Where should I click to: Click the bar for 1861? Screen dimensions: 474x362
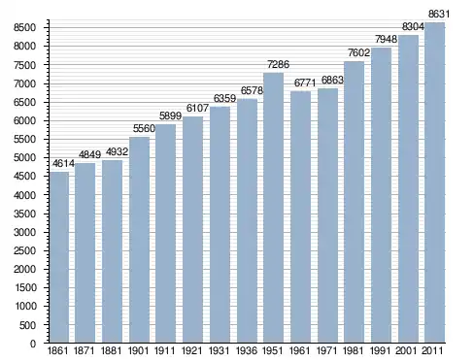(x=59, y=257)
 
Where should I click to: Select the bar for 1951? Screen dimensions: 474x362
(x=273, y=208)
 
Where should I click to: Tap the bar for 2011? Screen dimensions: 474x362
(x=434, y=182)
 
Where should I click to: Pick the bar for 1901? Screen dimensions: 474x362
(x=139, y=240)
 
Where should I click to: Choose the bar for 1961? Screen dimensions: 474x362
(x=300, y=216)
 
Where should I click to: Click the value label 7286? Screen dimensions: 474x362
(x=278, y=64)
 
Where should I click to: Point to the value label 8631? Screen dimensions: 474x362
(x=439, y=14)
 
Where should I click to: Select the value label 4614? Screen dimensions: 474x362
(x=63, y=163)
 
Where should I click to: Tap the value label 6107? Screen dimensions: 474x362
(x=197, y=108)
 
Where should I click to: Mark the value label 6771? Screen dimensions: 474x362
(x=305, y=82)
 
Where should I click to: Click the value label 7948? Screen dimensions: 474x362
(x=386, y=39)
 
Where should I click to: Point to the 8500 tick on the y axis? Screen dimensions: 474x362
(x=24, y=27)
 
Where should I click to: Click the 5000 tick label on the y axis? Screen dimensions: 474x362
(x=24, y=158)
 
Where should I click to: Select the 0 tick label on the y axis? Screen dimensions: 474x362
(x=33, y=344)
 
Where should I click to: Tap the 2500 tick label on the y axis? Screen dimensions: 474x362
(x=24, y=250)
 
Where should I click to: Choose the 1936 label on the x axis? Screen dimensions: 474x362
(x=247, y=350)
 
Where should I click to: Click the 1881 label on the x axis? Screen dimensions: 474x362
(x=111, y=350)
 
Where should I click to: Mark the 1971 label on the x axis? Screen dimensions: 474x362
(x=326, y=350)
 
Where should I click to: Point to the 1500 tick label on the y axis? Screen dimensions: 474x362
(x=24, y=288)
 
